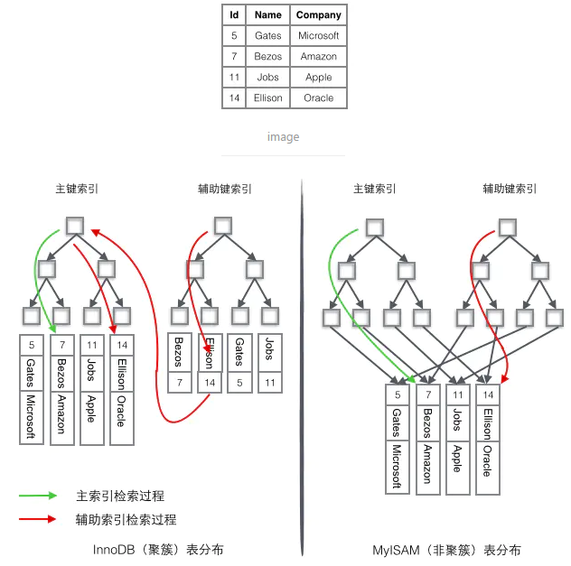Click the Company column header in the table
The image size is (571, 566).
(319, 14)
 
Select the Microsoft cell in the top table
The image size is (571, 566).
(319, 35)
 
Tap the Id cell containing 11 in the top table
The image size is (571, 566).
(234, 77)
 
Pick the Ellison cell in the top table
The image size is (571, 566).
(268, 97)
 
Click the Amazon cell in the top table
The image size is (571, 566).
(319, 56)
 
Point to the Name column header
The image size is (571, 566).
(268, 14)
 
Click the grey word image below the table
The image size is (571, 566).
(283, 137)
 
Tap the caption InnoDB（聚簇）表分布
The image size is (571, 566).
(158, 549)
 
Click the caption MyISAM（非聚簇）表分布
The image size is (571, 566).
(446, 549)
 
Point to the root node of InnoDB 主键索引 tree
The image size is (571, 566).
(75, 226)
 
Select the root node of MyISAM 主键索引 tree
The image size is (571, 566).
(373, 227)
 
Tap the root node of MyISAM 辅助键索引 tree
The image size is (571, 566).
(510, 227)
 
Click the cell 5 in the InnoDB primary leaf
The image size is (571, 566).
(32, 345)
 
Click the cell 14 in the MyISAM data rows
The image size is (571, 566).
(487, 394)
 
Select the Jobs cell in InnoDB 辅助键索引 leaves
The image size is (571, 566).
(268, 349)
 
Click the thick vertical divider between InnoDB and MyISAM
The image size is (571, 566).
(301, 361)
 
